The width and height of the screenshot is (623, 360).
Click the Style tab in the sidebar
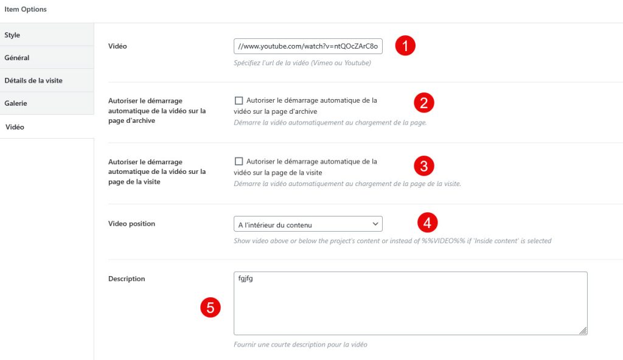47,35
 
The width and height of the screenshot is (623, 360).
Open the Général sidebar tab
47,57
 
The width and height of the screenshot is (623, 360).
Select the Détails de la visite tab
47,80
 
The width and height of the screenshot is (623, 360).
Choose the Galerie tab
47,103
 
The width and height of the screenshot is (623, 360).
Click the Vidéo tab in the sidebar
47,126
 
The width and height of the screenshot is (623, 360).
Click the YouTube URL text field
308,46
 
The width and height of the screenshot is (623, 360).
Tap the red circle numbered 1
405,46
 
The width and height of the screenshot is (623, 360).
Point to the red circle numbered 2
424,103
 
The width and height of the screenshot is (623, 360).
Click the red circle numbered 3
424,165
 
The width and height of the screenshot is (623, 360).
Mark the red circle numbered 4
427,223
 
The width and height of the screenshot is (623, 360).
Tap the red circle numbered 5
210,308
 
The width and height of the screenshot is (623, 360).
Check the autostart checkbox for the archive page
238,100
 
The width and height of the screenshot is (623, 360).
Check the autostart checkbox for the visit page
238,161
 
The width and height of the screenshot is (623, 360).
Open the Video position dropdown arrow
375,224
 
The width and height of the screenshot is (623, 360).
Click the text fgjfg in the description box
246,279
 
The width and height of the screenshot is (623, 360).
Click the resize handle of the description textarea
583,331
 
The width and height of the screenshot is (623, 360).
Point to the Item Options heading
26,9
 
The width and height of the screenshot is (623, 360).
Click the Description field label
127,279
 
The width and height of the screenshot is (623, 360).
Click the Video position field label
131,224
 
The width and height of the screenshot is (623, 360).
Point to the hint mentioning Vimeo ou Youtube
302,63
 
